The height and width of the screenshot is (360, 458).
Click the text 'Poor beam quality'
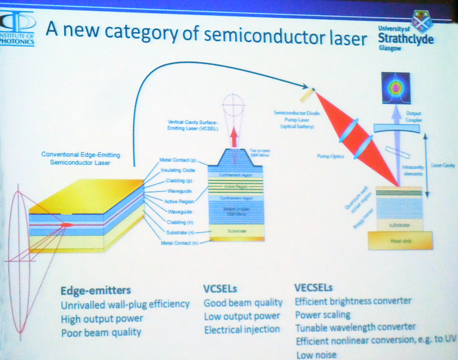pyautogui.click(x=101, y=333)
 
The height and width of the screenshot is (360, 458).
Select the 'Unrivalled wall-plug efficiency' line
pyautogui.click(x=125, y=304)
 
